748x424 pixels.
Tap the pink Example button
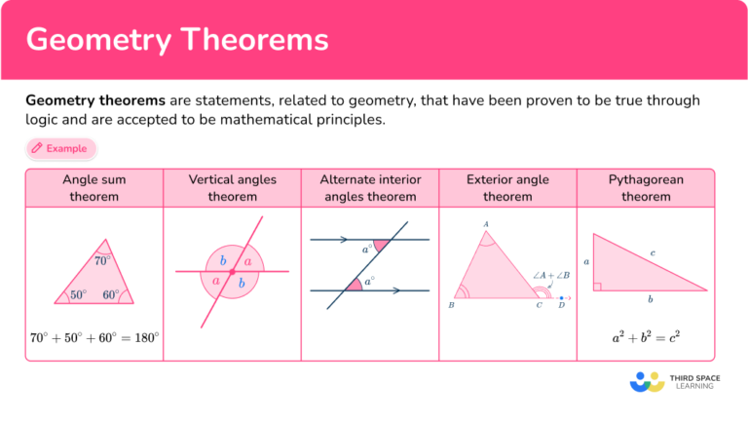60,149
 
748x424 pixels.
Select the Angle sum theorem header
94,188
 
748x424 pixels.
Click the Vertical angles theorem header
232,188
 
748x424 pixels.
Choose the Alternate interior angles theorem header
370,188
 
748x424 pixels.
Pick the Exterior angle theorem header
507,188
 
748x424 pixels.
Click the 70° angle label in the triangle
101,261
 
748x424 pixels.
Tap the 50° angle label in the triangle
78,294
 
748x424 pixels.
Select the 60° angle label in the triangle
110,294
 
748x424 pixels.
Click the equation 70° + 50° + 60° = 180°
94,338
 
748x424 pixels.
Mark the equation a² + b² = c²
646,338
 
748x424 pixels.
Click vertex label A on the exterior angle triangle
486,224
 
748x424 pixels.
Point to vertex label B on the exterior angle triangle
451,305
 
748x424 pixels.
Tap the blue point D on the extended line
561,296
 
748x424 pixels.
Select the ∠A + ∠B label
551,276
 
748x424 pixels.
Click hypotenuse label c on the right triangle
652,253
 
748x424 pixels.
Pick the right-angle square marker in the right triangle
597,287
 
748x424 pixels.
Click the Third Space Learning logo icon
647,381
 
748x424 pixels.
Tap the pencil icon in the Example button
37,149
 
